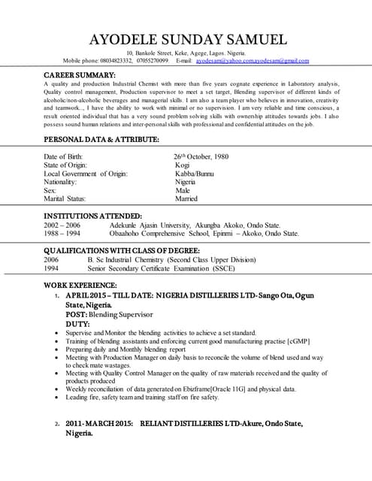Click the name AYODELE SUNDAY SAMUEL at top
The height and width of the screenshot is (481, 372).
pos(187,40)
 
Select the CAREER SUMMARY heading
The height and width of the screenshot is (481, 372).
pos(79,75)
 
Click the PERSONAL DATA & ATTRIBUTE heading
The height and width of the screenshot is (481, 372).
pos(101,140)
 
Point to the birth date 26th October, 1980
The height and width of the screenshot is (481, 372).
pos(201,156)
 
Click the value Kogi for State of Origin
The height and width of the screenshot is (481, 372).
pos(182,165)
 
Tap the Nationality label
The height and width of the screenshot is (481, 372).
pos(60,182)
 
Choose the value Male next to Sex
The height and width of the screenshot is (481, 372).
pos(183,191)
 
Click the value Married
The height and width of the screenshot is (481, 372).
pos(186,199)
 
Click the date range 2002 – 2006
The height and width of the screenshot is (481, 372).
pos(62,225)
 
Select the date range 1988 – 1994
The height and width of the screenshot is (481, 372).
pos(62,233)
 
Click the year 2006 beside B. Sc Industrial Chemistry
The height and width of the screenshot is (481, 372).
pos(52,259)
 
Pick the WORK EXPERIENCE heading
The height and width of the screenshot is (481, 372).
pos(80,286)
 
